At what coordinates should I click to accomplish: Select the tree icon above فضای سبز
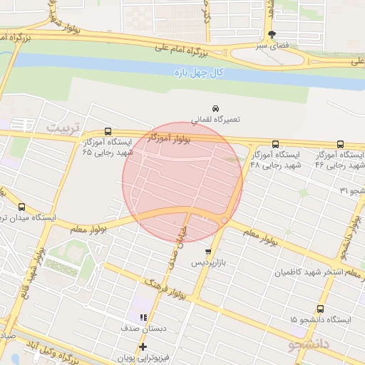pos(271,35)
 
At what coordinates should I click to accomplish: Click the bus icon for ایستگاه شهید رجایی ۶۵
pos(108,131)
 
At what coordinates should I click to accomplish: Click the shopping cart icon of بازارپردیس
pos(207,252)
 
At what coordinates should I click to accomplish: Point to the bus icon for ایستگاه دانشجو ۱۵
pos(320,309)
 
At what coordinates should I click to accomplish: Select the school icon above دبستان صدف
pos(143,317)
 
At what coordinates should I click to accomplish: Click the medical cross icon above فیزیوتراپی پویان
pos(143,346)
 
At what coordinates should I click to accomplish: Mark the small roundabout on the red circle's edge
pos(224,221)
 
